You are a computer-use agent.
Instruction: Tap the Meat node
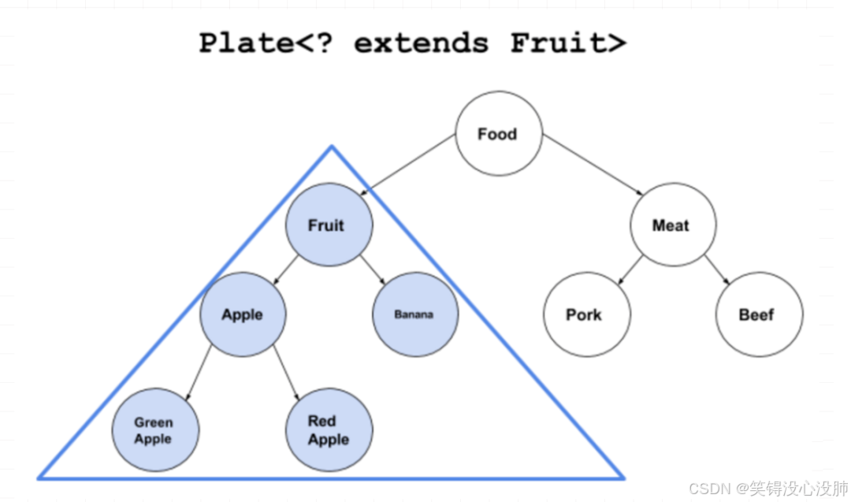[x=672, y=226]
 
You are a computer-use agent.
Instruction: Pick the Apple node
[x=243, y=314]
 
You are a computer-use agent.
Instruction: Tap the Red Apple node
[x=329, y=430]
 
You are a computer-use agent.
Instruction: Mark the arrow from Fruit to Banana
[x=373, y=270]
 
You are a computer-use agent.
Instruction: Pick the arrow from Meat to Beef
[x=716, y=270]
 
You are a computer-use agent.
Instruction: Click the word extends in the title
[x=421, y=43]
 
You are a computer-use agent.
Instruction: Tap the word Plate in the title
[x=241, y=43]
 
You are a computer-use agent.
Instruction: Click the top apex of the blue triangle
[x=332, y=147]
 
